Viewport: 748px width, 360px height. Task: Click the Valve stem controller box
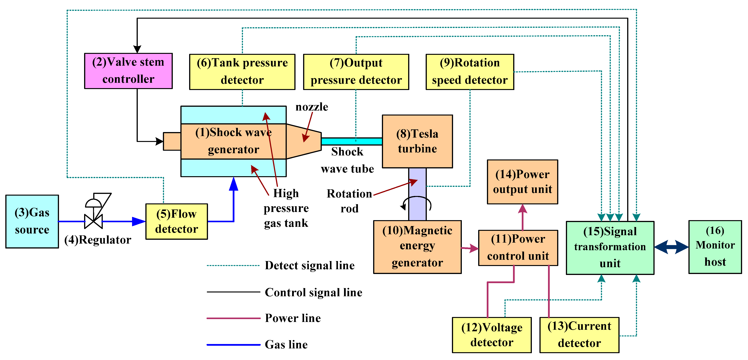(128, 71)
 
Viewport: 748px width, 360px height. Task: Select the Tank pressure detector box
(242, 72)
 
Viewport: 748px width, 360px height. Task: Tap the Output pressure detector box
(356, 72)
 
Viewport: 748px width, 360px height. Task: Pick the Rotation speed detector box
(470, 72)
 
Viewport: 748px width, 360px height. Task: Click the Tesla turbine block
(417, 141)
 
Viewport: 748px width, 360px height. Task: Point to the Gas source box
(32, 221)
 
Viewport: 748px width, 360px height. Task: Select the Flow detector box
(177, 221)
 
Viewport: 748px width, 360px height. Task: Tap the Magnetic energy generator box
(417, 247)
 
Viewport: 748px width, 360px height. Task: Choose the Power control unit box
(518, 248)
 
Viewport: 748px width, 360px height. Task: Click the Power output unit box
(522, 182)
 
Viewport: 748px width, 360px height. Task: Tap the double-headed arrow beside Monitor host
(671, 247)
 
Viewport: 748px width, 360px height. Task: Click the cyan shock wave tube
(351, 141)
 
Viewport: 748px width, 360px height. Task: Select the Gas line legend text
(286, 345)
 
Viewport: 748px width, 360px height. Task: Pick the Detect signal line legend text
(310, 265)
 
